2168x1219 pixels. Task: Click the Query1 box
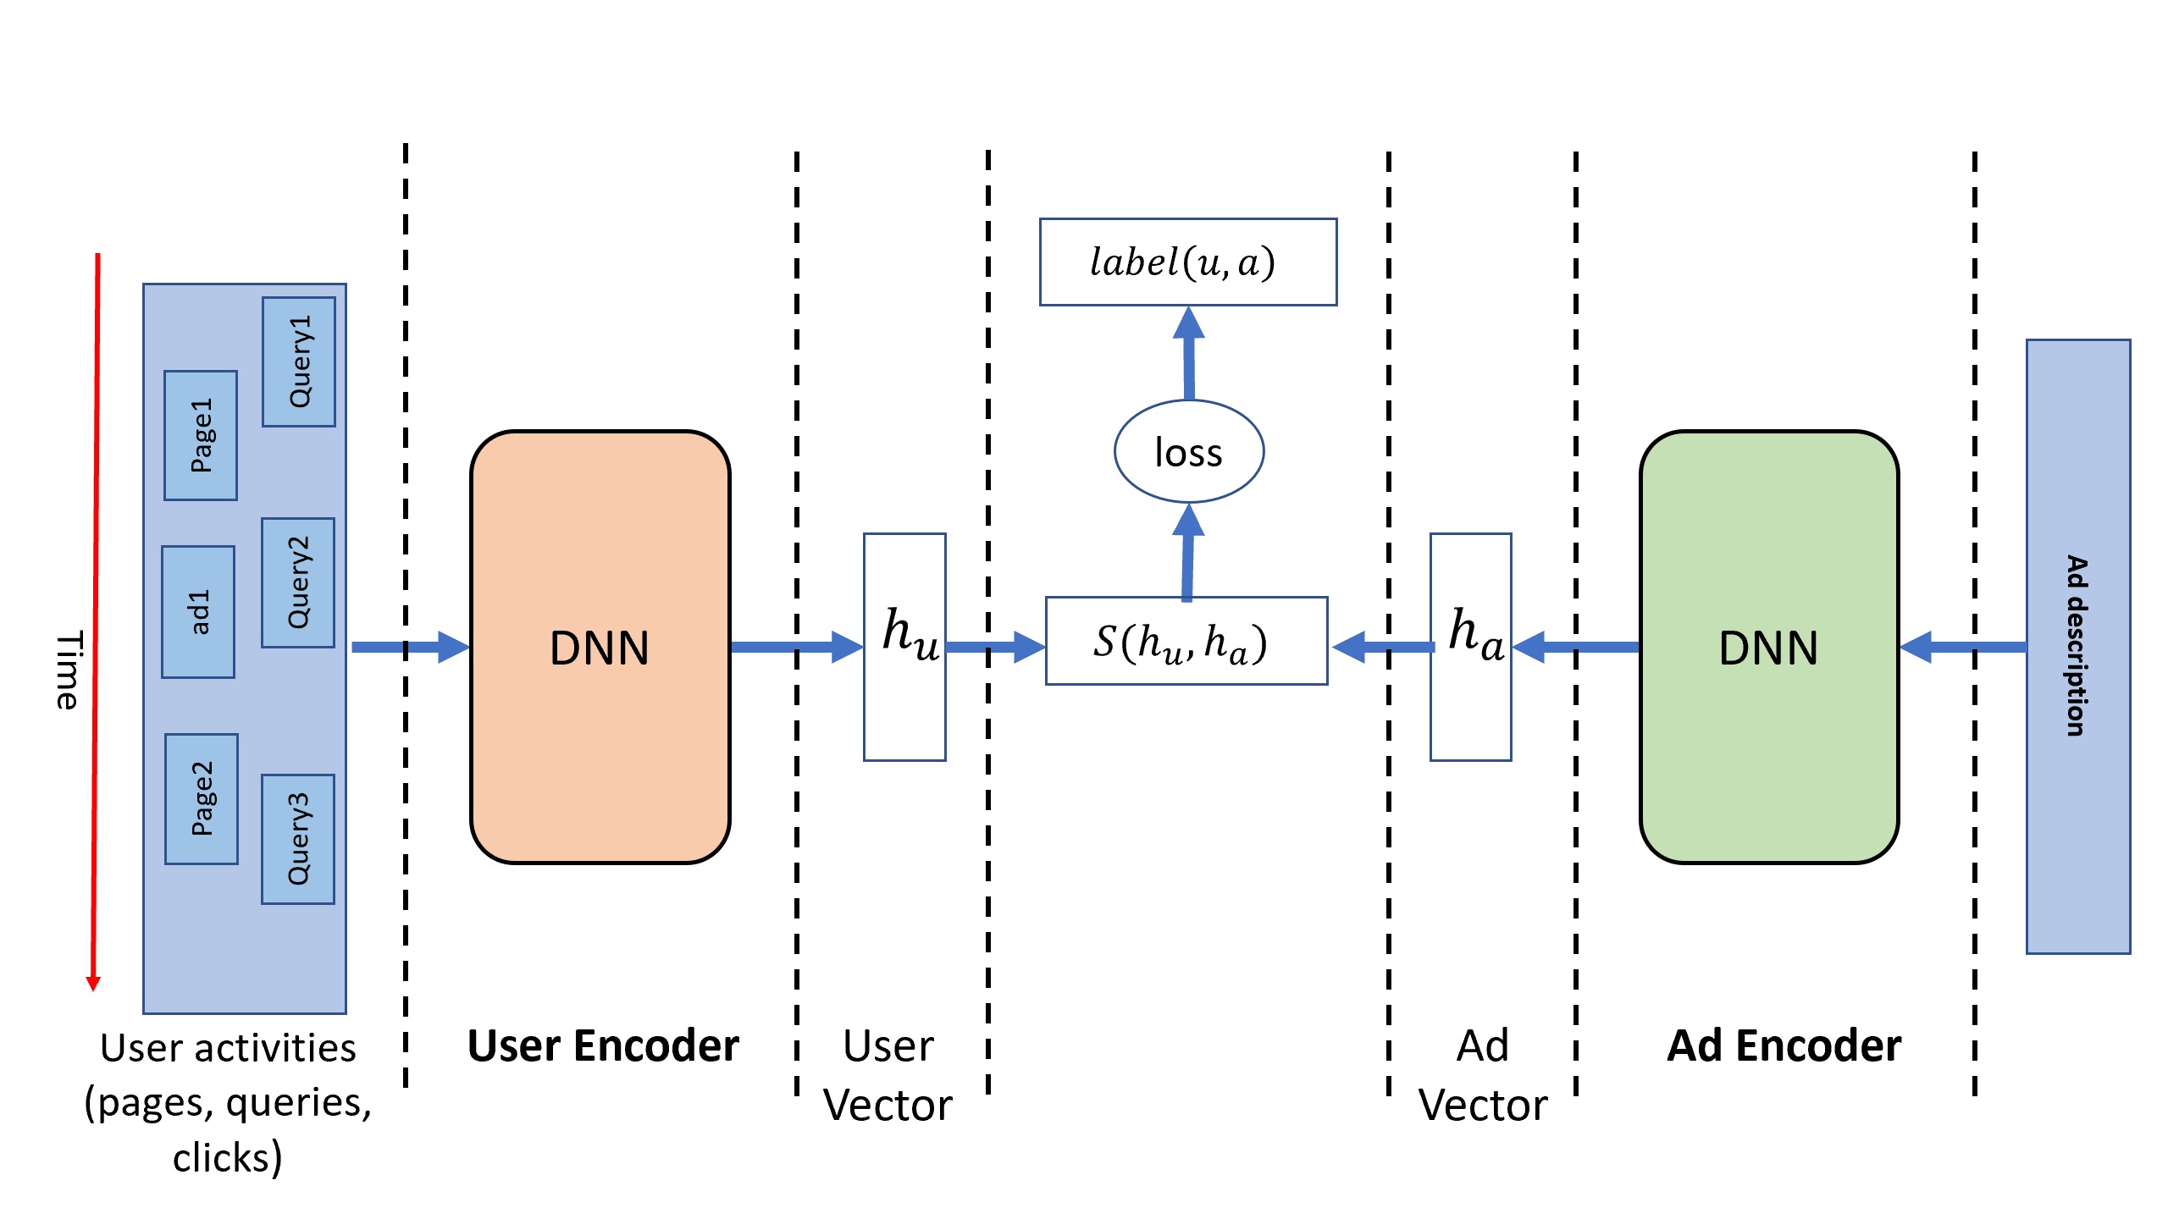[299, 361]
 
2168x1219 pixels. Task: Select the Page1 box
[201, 435]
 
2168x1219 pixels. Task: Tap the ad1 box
[198, 612]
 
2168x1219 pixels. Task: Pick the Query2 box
[298, 582]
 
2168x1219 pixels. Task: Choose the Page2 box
[202, 798]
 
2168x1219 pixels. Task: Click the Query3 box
[298, 839]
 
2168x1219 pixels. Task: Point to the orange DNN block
[600, 648]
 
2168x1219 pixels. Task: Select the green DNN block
[1768, 648]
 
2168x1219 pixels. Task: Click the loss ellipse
[1189, 452]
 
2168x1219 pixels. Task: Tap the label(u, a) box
[1188, 262]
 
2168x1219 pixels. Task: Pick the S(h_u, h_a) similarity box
[1186, 641]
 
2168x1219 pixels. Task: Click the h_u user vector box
[904, 648]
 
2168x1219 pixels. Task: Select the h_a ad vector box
[1471, 648]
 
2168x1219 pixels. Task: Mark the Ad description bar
[2078, 647]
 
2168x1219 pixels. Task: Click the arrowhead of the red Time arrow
[93, 983]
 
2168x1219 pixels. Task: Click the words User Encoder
[603, 1046]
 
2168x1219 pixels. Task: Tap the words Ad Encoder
[1784, 1046]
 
